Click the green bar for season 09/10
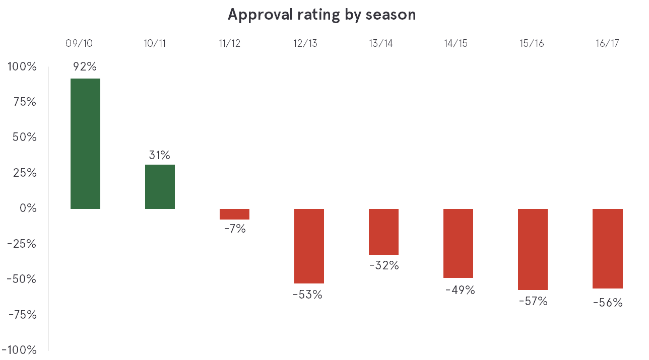[85, 143]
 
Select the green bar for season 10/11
[160, 187]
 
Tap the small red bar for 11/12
[234, 214]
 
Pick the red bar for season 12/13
[309, 246]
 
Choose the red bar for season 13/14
[383, 232]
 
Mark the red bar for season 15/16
[533, 249]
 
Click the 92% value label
[85, 66]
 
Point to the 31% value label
[159, 155]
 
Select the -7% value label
[234, 229]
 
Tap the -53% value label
[307, 295]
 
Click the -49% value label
[460, 290]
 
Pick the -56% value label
[608, 303]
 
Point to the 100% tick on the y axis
[22, 66]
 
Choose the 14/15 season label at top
[456, 43]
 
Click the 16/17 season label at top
[607, 43]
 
